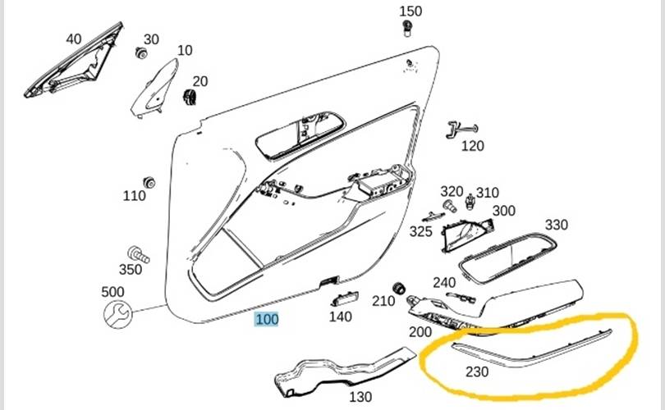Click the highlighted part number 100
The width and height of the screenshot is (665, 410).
(x=267, y=320)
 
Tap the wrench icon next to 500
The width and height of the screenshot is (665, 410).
(x=116, y=312)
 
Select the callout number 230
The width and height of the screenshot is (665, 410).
(x=477, y=371)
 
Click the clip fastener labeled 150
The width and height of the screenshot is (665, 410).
(x=408, y=30)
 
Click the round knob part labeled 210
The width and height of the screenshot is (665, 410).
(x=400, y=288)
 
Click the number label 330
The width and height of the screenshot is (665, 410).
(x=556, y=225)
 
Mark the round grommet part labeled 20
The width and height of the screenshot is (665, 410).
(x=193, y=98)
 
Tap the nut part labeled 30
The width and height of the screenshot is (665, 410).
(x=141, y=53)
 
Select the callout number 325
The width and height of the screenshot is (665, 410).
(x=421, y=232)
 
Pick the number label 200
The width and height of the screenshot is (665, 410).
(x=420, y=332)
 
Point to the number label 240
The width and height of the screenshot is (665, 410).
(x=444, y=283)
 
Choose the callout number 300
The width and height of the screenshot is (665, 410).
(x=503, y=211)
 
